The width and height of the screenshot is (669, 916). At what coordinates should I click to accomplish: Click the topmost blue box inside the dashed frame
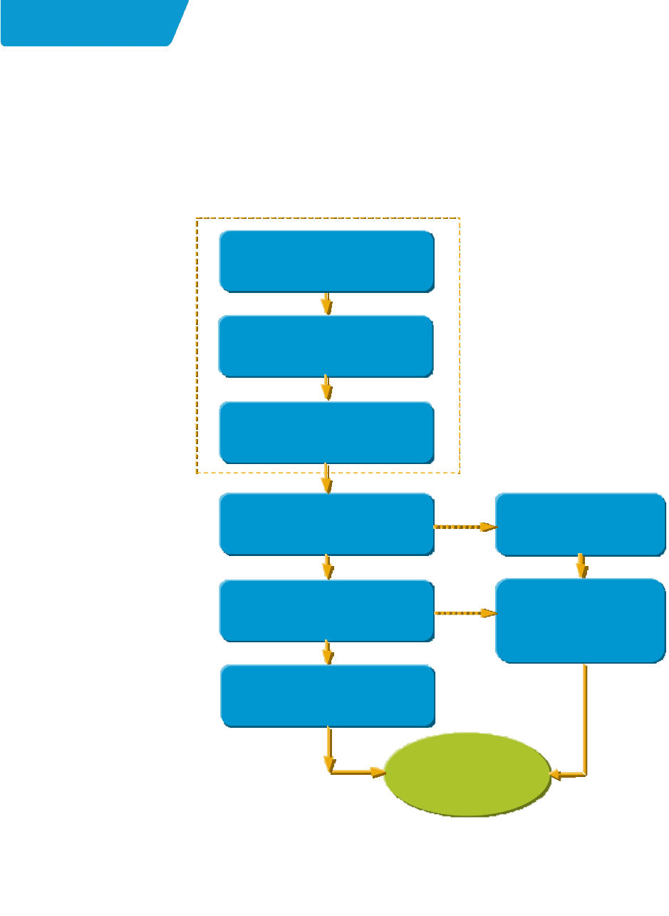(326, 260)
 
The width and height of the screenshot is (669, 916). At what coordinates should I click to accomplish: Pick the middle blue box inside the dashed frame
(326, 346)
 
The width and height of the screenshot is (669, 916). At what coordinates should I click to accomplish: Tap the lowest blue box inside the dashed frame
(326, 433)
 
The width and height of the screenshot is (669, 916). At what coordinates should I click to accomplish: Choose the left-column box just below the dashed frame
(326, 523)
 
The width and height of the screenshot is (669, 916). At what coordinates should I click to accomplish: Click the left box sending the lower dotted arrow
(326, 611)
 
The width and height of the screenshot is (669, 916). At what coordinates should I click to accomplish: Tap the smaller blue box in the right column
(581, 524)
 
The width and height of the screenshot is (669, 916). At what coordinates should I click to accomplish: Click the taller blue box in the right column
(581, 620)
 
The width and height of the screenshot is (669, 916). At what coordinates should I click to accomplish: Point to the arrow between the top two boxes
(327, 303)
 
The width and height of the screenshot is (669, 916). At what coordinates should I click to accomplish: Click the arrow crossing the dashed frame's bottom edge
(327, 478)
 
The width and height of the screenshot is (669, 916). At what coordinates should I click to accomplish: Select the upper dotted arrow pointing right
(465, 528)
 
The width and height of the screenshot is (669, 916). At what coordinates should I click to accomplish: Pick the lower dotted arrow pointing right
(465, 613)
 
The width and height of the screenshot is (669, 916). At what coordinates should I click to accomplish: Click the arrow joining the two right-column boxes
(582, 566)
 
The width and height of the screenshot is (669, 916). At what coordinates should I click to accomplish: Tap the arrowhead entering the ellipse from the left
(376, 772)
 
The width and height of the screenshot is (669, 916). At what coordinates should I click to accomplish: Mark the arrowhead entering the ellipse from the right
(559, 773)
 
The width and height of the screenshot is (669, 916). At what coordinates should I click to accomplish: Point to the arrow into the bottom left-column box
(328, 652)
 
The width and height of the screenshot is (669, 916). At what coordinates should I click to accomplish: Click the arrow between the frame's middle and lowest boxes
(327, 388)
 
